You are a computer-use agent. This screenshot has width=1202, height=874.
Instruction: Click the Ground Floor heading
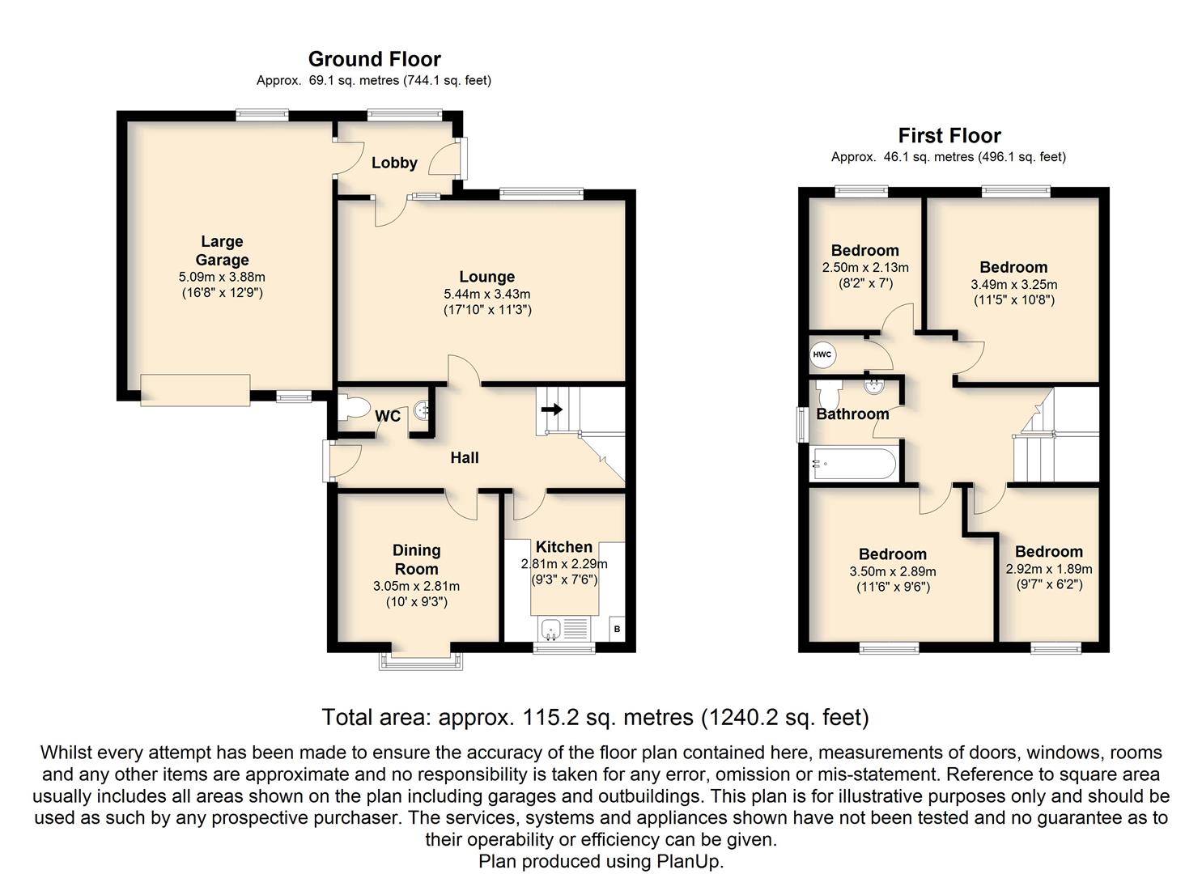pos(374,58)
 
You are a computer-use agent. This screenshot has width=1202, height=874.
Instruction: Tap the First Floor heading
pos(949,135)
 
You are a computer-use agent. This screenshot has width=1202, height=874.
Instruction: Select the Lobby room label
pos(394,163)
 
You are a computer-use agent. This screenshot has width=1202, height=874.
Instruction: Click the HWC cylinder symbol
pos(822,354)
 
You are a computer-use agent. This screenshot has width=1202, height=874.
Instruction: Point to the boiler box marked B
pos(617,629)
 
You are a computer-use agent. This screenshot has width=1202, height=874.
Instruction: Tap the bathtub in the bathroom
pos(854,464)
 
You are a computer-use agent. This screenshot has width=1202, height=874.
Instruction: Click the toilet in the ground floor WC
pos(353,407)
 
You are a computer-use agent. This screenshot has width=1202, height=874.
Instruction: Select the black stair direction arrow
pos(552,410)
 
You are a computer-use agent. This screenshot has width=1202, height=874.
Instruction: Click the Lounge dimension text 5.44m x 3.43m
pos(486,294)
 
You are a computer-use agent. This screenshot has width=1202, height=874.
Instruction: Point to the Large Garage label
pos(222,251)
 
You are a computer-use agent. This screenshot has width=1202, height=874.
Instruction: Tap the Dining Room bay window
pos(421,660)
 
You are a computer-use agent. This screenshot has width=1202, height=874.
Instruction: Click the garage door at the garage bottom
pos(195,390)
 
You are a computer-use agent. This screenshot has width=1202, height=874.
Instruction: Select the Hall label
pos(464,458)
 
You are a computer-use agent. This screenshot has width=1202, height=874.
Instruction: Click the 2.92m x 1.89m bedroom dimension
pos(1048,569)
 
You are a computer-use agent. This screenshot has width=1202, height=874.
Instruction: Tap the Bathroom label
pos(852,414)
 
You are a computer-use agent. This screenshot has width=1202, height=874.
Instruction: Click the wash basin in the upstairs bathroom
pos(875,386)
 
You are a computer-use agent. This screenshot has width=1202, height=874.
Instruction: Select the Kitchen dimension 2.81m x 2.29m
pos(564,564)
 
